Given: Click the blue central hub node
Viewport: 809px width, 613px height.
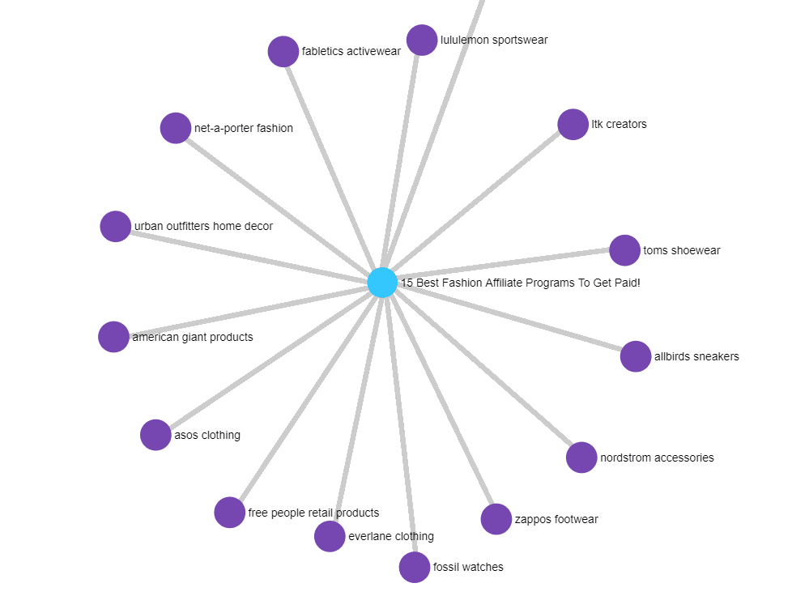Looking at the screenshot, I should coord(382,283).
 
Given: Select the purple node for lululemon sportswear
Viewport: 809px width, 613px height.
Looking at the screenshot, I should coord(422,40).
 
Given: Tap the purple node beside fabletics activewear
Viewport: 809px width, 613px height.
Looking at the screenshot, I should coord(283,52).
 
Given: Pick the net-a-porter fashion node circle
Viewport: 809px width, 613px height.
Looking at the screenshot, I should coord(176,128).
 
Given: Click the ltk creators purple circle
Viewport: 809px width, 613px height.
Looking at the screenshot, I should coord(573,125).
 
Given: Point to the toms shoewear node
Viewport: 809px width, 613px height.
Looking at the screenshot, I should coord(624,250).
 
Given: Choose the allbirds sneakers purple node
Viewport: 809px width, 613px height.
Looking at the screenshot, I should coord(636,356).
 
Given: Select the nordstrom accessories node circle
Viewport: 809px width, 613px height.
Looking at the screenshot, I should coord(581,458).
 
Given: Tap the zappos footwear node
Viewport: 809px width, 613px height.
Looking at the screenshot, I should coord(496,519).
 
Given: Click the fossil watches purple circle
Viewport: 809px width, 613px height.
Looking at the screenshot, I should coord(415,567).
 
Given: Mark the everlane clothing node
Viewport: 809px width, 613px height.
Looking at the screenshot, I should coord(330,536).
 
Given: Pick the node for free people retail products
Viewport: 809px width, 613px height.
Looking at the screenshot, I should coord(230,513).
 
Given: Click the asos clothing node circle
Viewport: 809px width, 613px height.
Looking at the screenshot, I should coord(155,435).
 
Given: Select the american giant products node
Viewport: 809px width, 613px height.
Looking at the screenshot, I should coord(113,337).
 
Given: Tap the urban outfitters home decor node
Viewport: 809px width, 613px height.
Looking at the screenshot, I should coord(116,226).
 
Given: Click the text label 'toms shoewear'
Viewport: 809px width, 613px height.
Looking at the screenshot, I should coord(681,250).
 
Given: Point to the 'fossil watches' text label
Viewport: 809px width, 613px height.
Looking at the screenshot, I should coord(468,567).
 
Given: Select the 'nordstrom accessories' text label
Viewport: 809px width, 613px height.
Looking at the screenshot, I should coord(657,458).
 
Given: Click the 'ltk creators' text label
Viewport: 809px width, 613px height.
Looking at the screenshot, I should coord(619,125).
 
